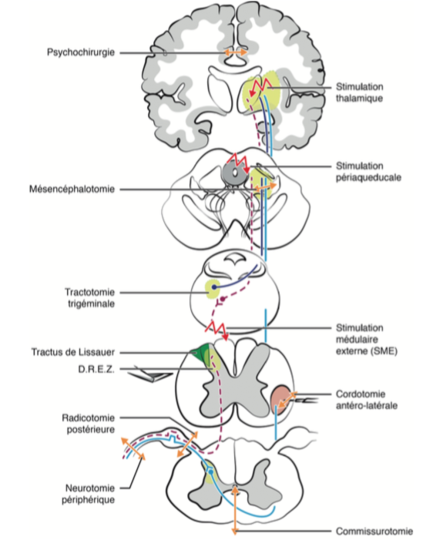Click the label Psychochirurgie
pyautogui.click(x=79, y=52)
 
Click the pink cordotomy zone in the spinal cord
pyautogui.click(x=281, y=397)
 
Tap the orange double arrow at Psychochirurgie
pyautogui.click(x=235, y=52)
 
